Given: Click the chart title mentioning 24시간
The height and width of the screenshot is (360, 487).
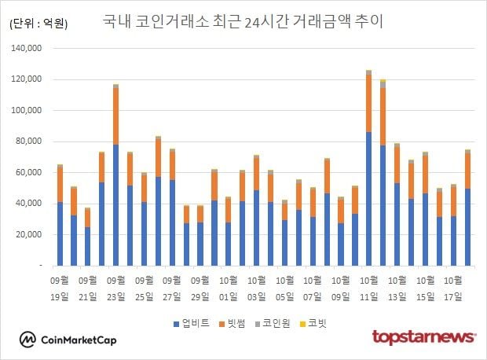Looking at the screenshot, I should click(243, 21).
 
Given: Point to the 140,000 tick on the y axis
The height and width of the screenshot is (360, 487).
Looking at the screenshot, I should click(29, 49).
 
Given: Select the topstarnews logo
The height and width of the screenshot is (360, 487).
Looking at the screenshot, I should click(424, 337).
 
